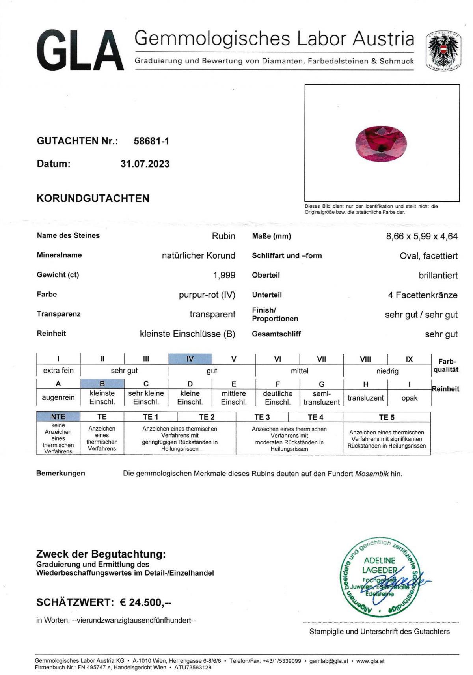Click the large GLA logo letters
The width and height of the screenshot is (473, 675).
[x=80, y=50]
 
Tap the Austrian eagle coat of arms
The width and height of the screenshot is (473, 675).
[x=443, y=50]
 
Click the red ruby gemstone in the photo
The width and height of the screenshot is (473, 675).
[x=381, y=143]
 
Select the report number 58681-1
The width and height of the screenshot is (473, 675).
[x=151, y=141]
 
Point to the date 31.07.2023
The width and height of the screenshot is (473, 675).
[x=145, y=164]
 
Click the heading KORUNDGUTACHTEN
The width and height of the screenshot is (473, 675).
[x=93, y=198]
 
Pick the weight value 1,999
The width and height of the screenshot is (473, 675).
[x=224, y=275]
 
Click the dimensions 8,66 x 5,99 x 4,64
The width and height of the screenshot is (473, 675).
[x=422, y=237]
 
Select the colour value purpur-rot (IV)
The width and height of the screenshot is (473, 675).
[x=207, y=295]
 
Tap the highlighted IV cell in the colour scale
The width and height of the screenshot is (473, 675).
[x=190, y=359]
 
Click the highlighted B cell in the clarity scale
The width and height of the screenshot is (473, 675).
[x=102, y=384]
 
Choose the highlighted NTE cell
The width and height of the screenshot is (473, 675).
[x=58, y=417]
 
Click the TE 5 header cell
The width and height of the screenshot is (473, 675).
[x=386, y=417]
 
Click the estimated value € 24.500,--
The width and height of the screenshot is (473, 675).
[x=146, y=602]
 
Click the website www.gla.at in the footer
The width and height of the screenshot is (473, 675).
[x=370, y=661]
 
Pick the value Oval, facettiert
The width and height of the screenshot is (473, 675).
[x=428, y=256]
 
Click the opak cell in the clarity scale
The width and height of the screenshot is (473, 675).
[x=409, y=398]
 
